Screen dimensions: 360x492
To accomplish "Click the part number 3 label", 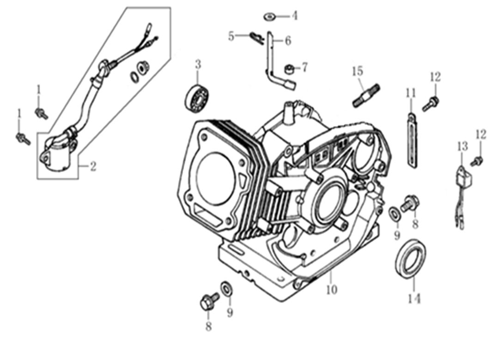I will (x=198, y=64).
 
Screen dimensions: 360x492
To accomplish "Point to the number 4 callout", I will (x=294, y=16).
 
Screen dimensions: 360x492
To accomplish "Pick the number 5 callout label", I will (x=231, y=36).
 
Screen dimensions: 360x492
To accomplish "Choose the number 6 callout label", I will (x=288, y=41).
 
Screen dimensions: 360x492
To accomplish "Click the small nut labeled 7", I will (x=289, y=68).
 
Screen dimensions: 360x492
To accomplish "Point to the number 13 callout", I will (x=462, y=146).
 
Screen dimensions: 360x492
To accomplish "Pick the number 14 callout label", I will (x=414, y=299).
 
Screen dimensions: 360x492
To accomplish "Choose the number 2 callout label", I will (x=93, y=167).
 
